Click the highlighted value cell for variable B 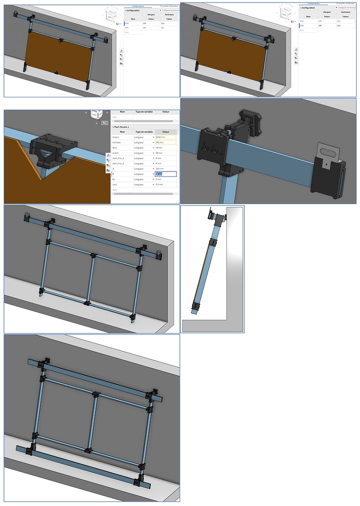166,174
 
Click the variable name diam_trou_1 119,158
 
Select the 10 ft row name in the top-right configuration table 302,26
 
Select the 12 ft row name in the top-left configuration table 127,23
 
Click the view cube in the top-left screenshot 111,13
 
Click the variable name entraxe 117,142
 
